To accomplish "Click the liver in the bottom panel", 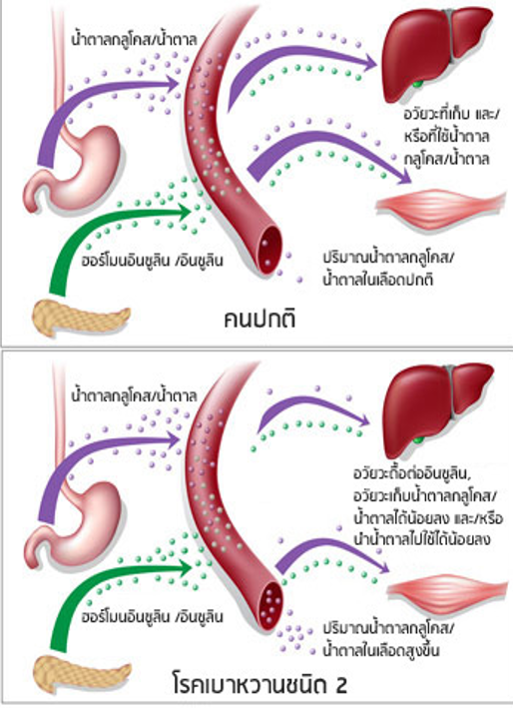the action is (x=435, y=408).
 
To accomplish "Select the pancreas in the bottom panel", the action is (x=83, y=672).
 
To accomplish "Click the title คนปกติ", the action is (x=259, y=319).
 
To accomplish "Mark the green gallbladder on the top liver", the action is (x=419, y=84).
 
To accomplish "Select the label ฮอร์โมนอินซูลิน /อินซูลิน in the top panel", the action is (x=153, y=261).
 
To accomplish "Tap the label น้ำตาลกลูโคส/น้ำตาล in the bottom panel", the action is (x=134, y=395).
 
